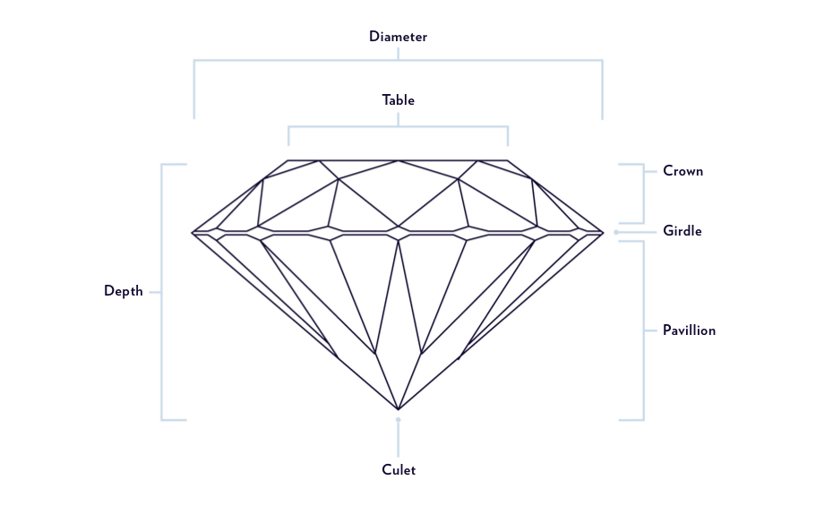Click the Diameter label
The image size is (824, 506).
398,37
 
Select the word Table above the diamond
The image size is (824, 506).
398,100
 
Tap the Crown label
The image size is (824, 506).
682,171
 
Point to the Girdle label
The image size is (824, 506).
682,231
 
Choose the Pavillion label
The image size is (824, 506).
689,330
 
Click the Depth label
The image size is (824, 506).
123,291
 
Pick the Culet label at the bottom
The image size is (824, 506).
399,469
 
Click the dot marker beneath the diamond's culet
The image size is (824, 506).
399,419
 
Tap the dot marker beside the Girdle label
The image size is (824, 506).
616,232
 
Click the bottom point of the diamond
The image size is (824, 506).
399,409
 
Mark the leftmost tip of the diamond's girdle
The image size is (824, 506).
193,233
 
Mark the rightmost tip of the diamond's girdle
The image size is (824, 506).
604,233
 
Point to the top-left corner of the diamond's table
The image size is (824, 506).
288,161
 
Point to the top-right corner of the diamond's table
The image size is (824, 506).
508,161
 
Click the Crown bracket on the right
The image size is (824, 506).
643,193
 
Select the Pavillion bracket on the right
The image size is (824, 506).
643,330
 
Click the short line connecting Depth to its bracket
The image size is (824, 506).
154,292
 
